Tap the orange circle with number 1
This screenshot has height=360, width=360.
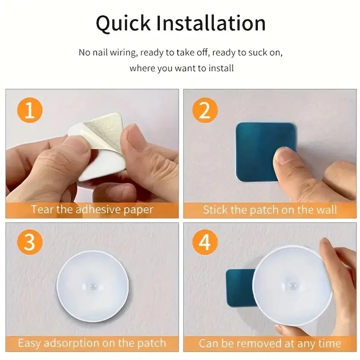click(29, 110)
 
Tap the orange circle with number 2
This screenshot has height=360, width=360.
click(205, 110)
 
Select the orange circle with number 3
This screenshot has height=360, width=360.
click(29, 243)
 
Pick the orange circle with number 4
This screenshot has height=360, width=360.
click(205, 243)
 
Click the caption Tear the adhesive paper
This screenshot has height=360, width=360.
click(92, 210)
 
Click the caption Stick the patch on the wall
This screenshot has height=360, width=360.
click(270, 210)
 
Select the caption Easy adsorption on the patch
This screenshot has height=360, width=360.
click(92, 343)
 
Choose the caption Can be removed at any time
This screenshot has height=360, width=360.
click(270, 343)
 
